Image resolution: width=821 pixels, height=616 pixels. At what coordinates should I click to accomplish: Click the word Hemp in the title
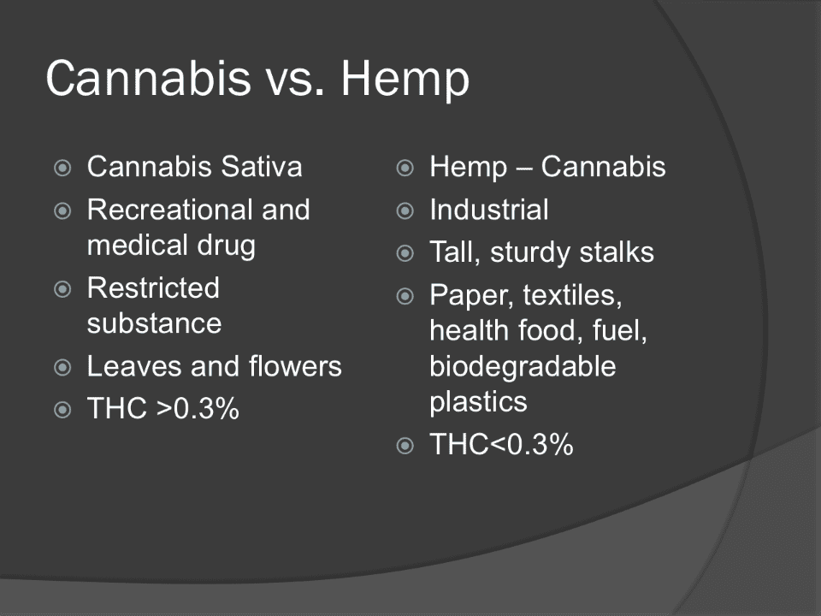(405, 79)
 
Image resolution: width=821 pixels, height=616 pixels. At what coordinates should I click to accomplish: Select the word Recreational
(170, 210)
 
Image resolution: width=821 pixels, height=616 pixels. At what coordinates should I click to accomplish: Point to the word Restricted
(153, 287)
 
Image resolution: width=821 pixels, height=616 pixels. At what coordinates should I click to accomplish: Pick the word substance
(155, 323)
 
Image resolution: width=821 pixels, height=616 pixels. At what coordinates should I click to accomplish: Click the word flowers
(295, 365)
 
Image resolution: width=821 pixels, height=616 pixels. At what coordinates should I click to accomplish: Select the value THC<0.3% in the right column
(502, 444)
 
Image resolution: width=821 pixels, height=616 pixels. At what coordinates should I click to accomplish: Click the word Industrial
(489, 210)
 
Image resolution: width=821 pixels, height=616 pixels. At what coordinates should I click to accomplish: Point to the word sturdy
(530, 253)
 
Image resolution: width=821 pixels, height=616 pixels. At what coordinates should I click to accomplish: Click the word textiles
(572, 295)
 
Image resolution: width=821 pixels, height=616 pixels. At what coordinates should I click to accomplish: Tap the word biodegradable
(523, 367)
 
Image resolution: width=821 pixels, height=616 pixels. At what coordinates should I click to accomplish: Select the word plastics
(479, 403)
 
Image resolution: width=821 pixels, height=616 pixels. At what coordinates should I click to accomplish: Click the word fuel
(620, 331)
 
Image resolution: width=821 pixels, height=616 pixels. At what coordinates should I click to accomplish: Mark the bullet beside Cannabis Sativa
(62, 168)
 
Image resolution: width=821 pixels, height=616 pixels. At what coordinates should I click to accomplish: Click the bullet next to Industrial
(405, 210)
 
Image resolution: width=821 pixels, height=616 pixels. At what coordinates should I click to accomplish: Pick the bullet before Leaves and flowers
(62, 367)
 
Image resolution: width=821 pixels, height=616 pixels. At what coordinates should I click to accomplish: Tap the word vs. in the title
(296, 82)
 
